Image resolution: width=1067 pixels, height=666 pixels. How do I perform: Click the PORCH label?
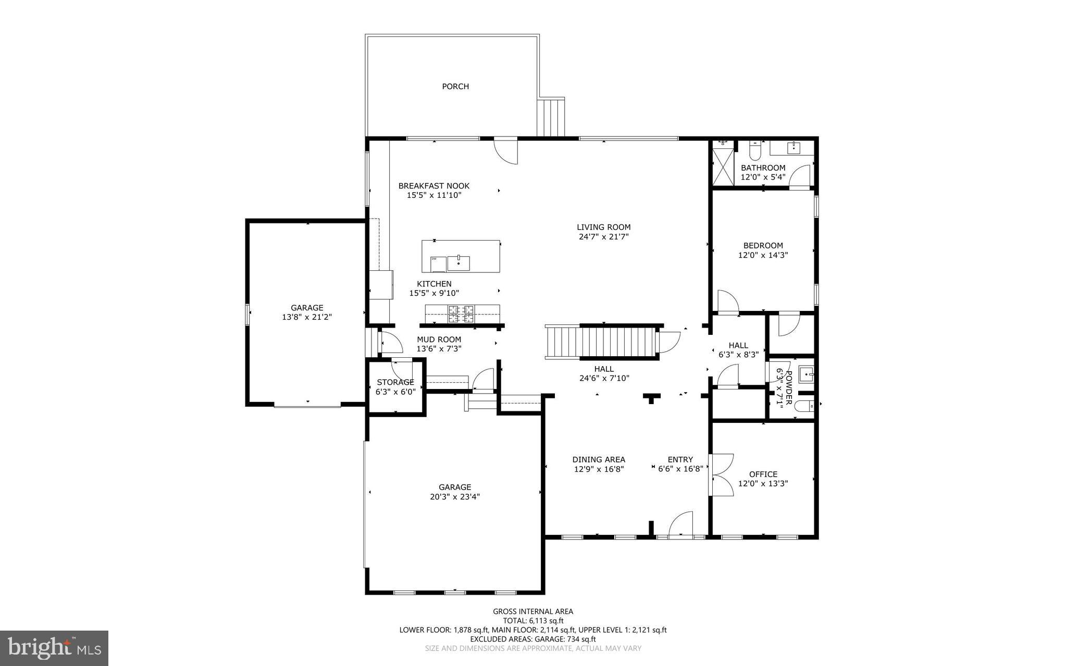tap(455, 86)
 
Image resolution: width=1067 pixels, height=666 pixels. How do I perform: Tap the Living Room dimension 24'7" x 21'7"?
tap(603, 237)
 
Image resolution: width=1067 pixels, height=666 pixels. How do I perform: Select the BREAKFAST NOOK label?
tap(433, 186)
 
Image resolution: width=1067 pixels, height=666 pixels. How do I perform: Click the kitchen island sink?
tap(458, 263)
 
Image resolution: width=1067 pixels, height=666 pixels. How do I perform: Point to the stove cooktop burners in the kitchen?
tap(462, 314)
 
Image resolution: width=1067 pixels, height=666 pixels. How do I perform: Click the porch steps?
tap(551, 117)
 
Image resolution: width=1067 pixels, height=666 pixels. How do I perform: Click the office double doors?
tap(722, 475)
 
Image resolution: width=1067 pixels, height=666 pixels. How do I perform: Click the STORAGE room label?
tap(395, 382)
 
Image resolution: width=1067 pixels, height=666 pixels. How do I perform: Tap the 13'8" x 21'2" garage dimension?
tap(307, 317)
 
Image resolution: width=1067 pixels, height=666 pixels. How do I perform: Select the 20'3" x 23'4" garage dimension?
tap(454, 497)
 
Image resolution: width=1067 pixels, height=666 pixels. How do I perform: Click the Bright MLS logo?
tap(54, 648)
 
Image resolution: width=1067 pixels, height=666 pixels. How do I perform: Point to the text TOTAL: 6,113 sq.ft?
tap(533, 621)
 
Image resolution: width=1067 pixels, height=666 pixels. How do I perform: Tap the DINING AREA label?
tap(599, 459)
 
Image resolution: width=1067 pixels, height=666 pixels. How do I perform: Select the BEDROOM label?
tap(763, 246)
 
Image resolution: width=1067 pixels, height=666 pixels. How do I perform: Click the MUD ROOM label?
tap(439, 340)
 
